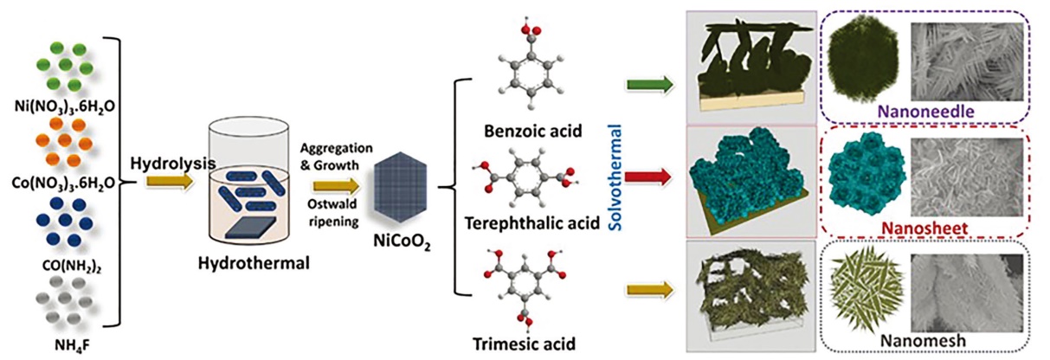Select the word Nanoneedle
point(924,111)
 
